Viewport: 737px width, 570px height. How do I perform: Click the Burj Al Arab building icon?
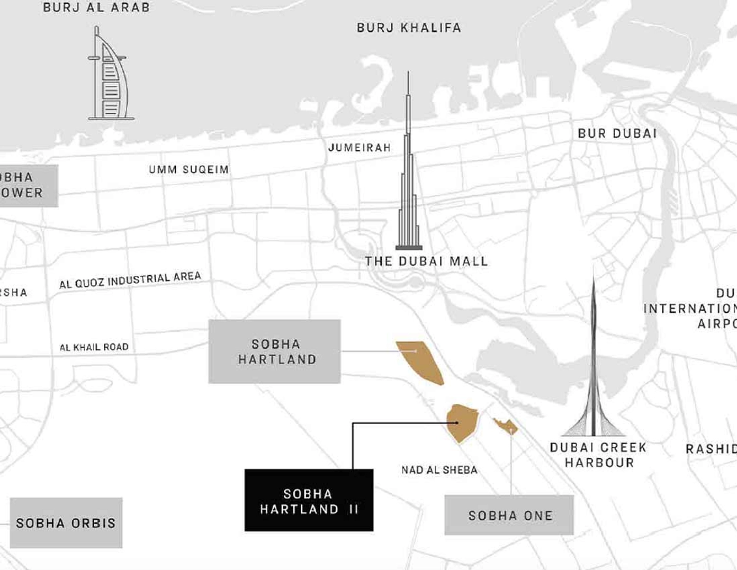111,77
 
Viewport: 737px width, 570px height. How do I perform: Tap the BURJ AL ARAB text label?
96,8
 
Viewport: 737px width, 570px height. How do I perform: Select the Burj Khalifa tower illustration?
409,180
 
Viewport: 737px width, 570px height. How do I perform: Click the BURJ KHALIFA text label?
409,28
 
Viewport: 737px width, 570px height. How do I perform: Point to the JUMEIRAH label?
359,148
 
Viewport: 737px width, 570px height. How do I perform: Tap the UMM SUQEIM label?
188,170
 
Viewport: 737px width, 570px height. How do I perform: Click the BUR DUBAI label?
617,133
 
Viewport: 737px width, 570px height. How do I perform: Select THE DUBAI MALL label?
426,261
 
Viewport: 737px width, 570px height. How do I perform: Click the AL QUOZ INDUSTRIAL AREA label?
130,280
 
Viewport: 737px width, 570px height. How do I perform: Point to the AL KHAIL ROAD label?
94,347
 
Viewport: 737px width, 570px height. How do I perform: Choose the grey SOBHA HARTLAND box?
274,351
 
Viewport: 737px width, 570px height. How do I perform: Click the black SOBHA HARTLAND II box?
309,500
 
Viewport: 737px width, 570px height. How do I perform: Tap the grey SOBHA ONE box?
509,515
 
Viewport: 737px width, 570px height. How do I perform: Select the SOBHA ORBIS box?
66,523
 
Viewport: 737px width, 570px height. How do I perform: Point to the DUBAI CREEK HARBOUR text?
598,455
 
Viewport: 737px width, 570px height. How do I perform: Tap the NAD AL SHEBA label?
439,470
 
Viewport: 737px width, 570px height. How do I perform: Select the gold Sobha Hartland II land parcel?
463,422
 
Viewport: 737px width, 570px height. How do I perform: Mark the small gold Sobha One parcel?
506,426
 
